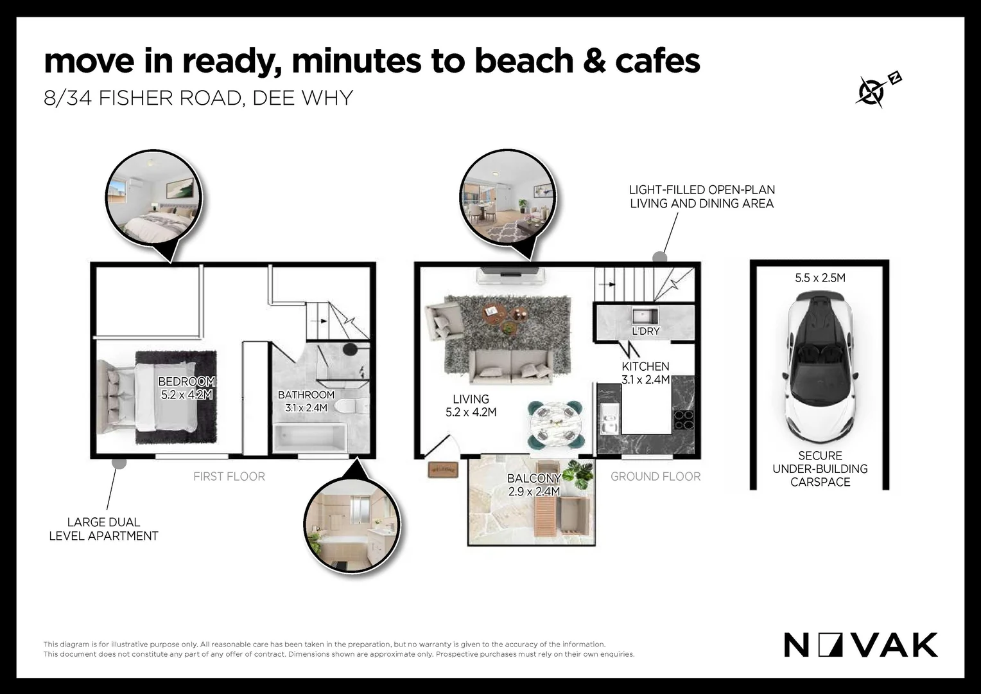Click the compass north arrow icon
pos(877,91)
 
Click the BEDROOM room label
pos(187,382)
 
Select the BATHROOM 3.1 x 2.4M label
pos(306,401)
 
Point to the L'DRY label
pos(645,331)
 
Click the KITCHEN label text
pos(645,366)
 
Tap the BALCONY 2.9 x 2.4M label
pos(534,485)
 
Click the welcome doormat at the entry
pos(443,470)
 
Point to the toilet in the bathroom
pos(352,406)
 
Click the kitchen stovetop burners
pos(684,420)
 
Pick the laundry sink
pos(645,316)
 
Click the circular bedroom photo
pos(153,198)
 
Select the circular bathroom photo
pos(352,525)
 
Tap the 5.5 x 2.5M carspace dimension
pos(820,278)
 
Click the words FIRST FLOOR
pos(229,477)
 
